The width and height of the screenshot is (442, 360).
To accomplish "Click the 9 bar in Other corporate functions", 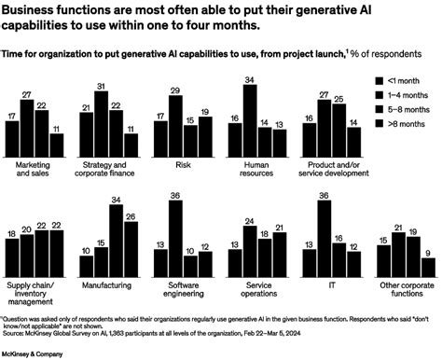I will (427, 258).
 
